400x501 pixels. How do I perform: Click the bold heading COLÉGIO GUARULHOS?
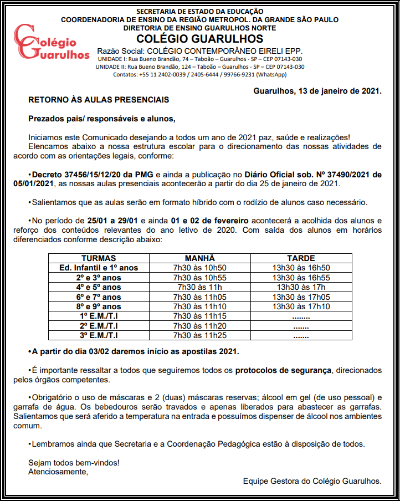pyautogui.click(x=199, y=39)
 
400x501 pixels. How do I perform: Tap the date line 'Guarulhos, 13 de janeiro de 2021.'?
pyautogui.click(x=317, y=90)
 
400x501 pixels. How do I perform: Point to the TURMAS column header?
pyautogui.click(x=99, y=258)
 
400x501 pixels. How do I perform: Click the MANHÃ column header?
pyautogui.click(x=199, y=258)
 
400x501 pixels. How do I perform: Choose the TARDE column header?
pyautogui.click(x=301, y=258)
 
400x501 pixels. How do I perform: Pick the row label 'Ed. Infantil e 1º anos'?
pyautogui.click(x=99, y=268)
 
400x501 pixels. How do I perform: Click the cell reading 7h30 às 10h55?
pyautogui.click(x=199, y=278)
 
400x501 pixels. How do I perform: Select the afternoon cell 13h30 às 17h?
pyautogui.click(x=301, y=287)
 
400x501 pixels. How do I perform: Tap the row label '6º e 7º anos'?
pyautogui.click(x=99, y=297)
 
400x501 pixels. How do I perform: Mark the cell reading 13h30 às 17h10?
pyautogui.click(x=301, y=306)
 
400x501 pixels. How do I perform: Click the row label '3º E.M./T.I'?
pyautogui.click(x=99, y=335)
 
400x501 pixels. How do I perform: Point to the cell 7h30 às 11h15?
pyautogui.click(x=199, y=316)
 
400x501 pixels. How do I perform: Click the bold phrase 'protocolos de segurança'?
pyautogui.click(x=283, y=370)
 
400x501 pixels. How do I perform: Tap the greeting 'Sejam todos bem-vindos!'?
pyautogui.click(x=74, y=462)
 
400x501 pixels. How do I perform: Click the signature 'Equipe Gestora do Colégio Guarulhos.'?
pyautogui.click(x=312, y=480)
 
